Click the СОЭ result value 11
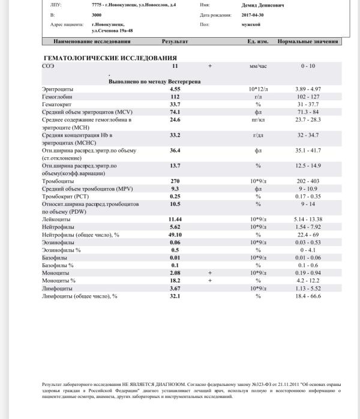175,65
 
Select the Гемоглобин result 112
175,96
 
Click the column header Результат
175,41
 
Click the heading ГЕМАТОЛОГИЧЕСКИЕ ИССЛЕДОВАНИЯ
110,58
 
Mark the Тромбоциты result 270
175,181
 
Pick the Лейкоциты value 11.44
175,220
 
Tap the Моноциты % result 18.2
175,280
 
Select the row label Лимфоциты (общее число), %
80,296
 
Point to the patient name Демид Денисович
263,5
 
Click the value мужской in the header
250,25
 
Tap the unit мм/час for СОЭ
258,65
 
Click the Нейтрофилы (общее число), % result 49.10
175,235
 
